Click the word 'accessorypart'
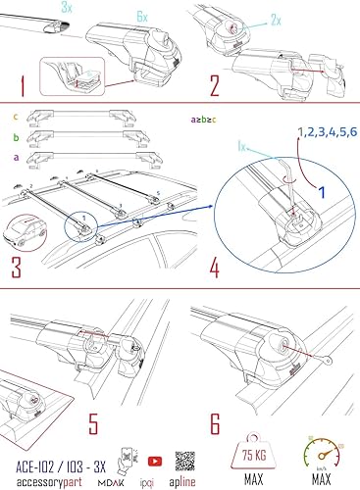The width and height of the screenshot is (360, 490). pos(48,473)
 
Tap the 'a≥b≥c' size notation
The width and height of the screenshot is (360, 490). pos(202,120)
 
